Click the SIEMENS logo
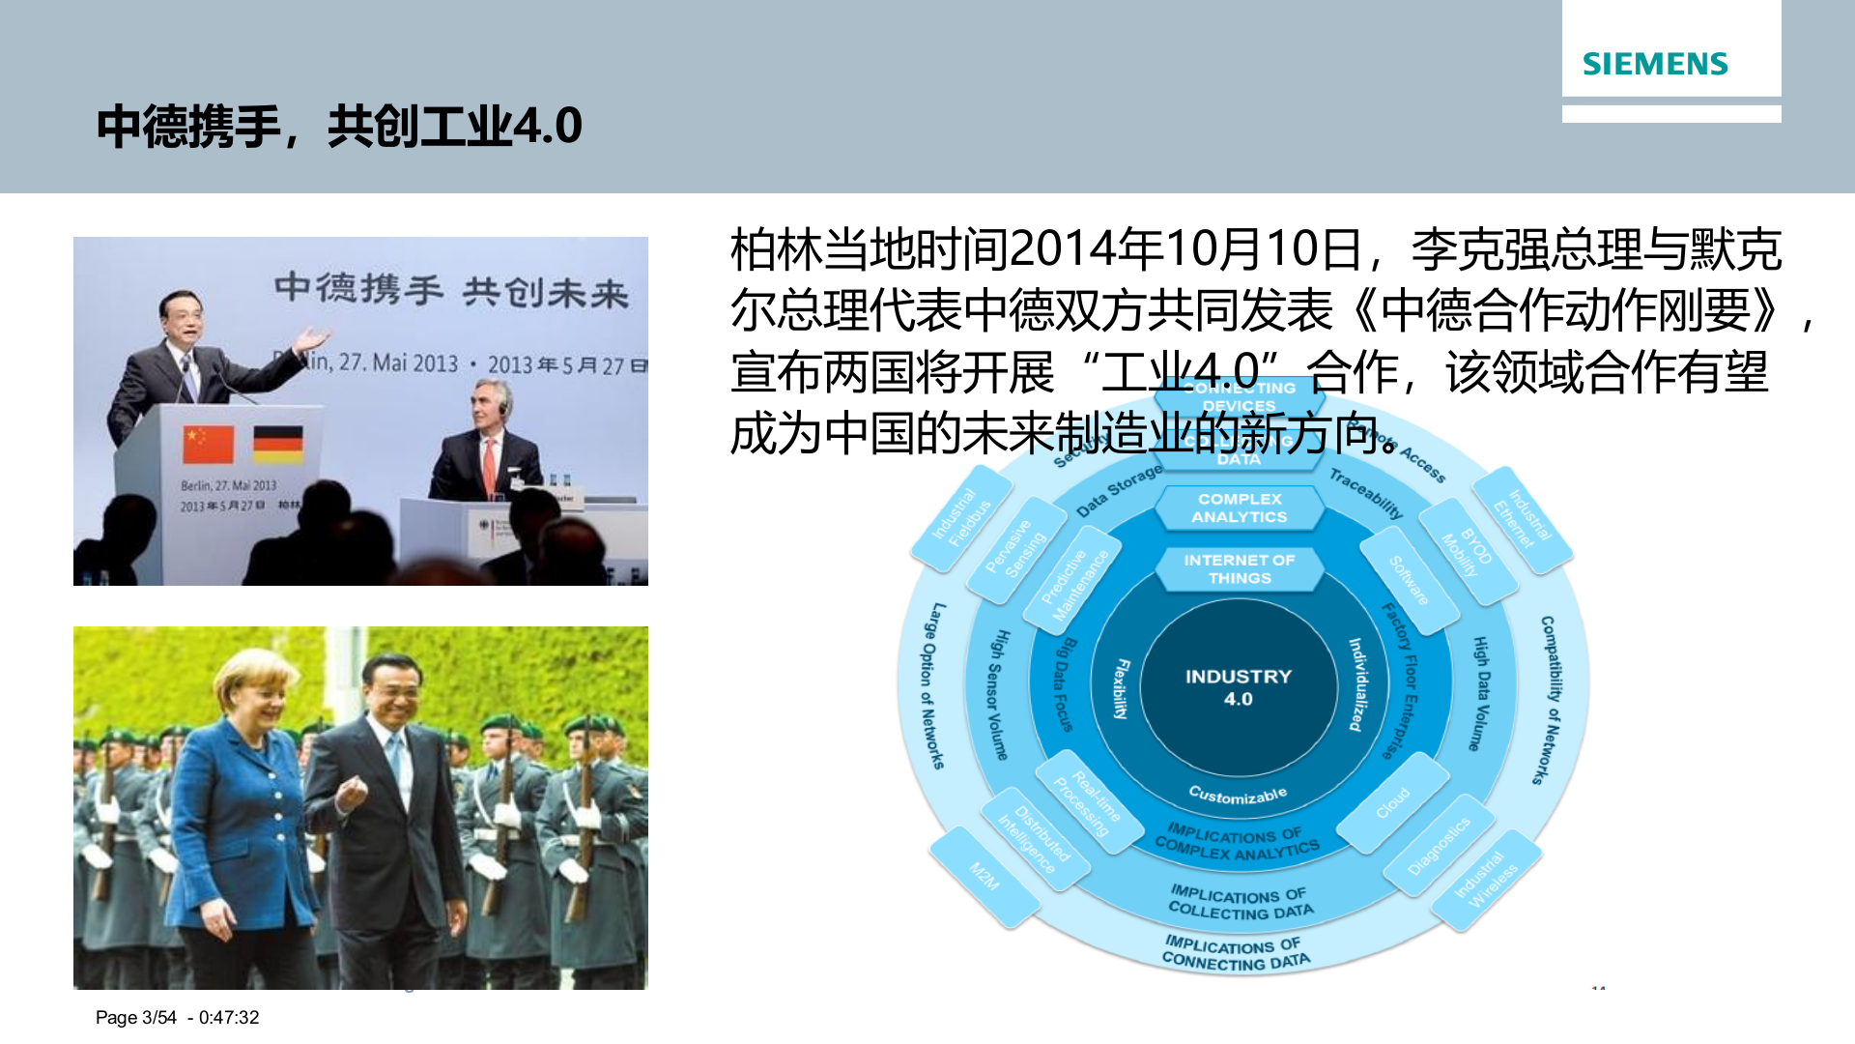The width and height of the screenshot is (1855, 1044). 1654,64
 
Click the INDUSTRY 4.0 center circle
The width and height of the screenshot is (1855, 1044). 1238,687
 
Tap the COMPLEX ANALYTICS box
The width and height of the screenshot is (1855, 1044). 1240,507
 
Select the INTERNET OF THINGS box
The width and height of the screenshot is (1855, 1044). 1240,568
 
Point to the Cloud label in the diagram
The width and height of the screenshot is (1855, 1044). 1393,802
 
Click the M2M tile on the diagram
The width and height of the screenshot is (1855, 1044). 985,876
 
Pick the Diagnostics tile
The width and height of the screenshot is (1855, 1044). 1439,845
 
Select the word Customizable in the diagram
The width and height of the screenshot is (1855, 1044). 1238,795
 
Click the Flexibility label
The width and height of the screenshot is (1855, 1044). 1121,688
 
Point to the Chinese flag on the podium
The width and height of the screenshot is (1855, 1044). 208,445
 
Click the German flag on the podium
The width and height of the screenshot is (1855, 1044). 278,445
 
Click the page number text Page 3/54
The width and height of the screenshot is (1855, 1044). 136,1017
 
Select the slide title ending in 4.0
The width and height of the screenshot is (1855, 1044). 338,127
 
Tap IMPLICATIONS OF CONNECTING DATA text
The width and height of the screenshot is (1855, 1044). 1236,952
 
